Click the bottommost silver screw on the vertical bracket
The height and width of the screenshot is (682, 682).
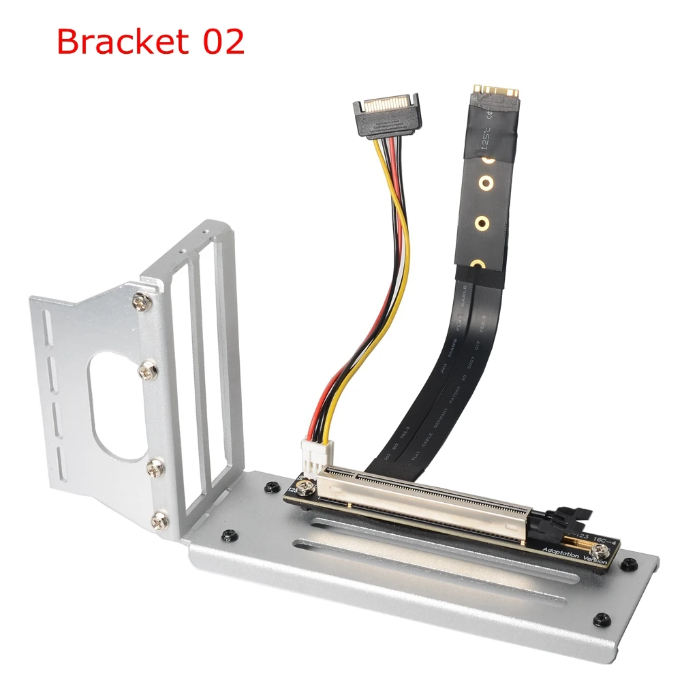tap(162, 521)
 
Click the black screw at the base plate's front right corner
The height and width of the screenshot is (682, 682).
tap(599, 619)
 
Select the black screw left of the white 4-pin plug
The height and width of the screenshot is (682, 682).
tap(271, 486)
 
